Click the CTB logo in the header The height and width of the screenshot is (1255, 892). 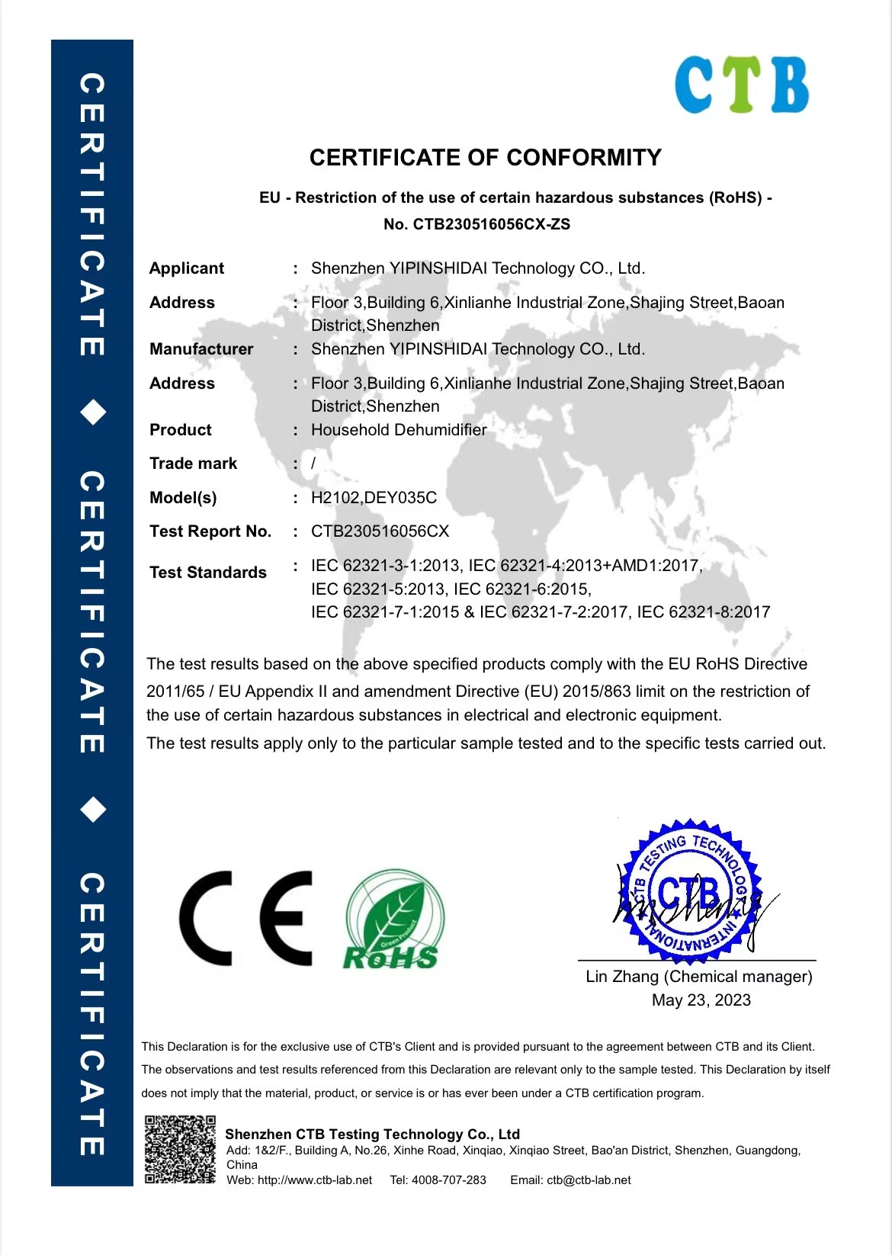click(741, 85)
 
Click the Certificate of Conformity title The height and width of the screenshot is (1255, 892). click(486, 158)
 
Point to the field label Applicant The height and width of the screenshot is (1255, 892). click(187, 268)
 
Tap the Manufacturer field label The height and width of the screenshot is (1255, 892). click(201, 349)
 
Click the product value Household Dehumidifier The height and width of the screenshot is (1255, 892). click(399, 430)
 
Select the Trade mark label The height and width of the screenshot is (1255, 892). click(193, 464)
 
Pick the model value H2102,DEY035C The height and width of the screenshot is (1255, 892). click(374, 498)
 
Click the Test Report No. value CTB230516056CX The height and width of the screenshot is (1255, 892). click(380, 531)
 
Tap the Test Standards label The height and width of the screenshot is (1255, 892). click(208, 573)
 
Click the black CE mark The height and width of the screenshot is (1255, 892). click(246, 918)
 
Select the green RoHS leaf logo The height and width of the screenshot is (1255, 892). click(393, 920)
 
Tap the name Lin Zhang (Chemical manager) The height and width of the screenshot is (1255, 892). click(698, 977)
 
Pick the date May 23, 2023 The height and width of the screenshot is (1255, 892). click(701, 1000)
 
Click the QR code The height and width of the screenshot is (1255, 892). click(180, 1150)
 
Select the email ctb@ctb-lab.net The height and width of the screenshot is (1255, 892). click(589, 1180)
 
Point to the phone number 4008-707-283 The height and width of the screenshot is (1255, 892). click(448, 1180)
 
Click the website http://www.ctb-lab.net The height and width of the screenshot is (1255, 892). click(314, 1180)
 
